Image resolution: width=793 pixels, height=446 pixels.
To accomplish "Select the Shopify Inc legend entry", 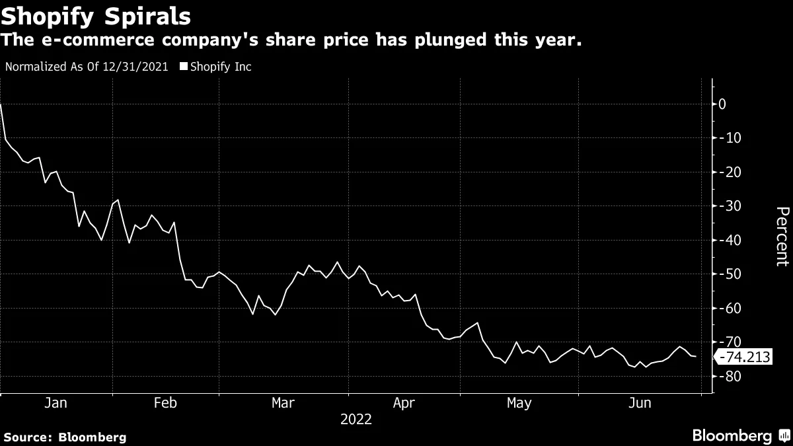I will [220, 67].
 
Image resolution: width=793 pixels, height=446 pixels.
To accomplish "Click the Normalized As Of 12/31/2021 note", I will [87, 67].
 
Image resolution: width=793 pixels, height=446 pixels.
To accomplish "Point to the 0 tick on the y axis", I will [722, 104].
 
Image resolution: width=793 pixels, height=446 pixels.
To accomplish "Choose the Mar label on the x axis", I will [283, 403].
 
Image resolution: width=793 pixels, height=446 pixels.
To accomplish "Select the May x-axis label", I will [519, 403].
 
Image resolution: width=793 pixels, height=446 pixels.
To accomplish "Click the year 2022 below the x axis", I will [356, 420].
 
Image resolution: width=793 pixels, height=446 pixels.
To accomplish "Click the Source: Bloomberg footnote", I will [65, 437].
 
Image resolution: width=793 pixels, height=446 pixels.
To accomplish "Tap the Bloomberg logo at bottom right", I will [740, 435].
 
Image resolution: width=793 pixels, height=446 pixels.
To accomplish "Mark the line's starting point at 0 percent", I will [1, 104].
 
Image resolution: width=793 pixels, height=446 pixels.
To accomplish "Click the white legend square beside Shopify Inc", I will [184, 67].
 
